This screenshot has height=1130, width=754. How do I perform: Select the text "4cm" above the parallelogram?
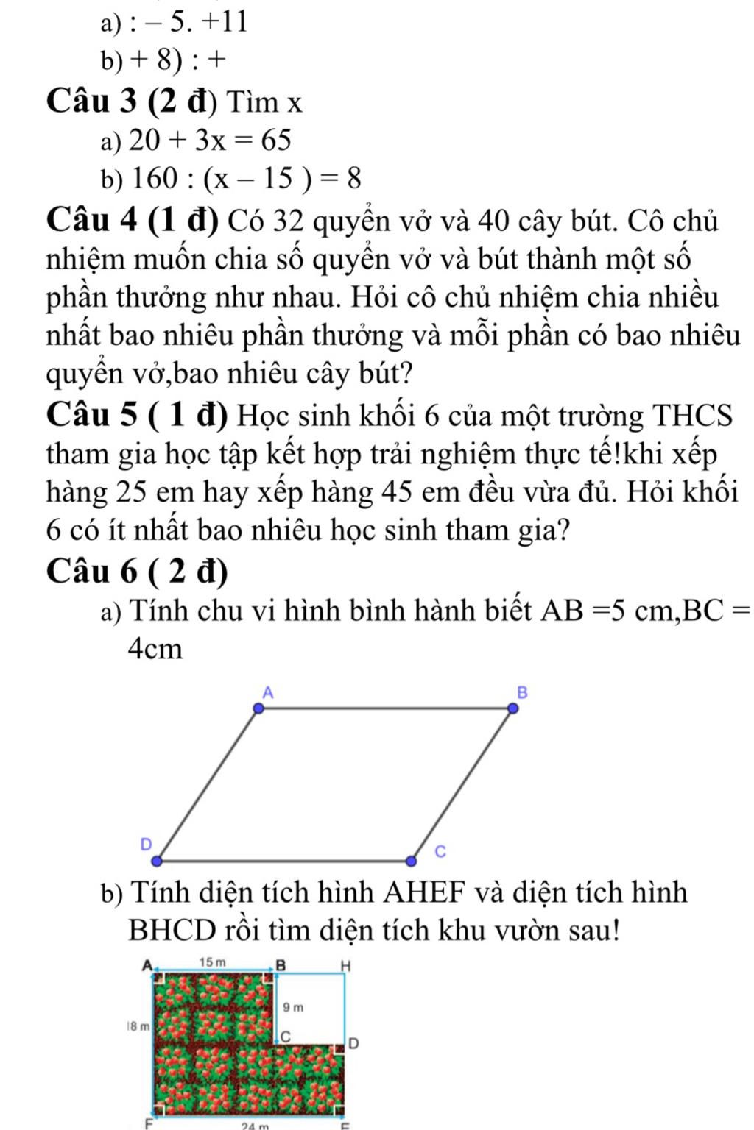(x=155, y=649)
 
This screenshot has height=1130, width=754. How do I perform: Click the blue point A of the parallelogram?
(x=258, y=708)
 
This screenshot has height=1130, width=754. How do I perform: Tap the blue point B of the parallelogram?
(x=513, y=708)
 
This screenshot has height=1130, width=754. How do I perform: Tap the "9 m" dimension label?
(x=292, y=1006)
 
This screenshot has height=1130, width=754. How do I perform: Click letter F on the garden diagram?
(x=147, y=1123)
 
